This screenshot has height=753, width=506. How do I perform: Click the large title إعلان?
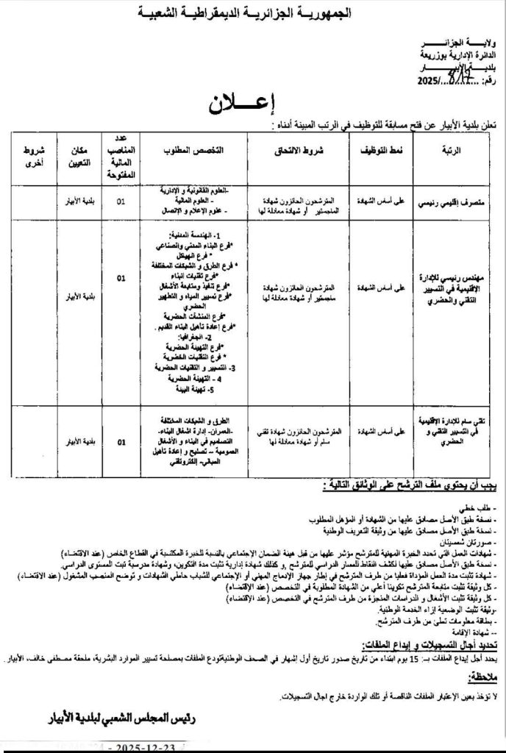coord(253,103)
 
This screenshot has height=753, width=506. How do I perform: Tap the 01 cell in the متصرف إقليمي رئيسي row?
coord(122,198)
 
